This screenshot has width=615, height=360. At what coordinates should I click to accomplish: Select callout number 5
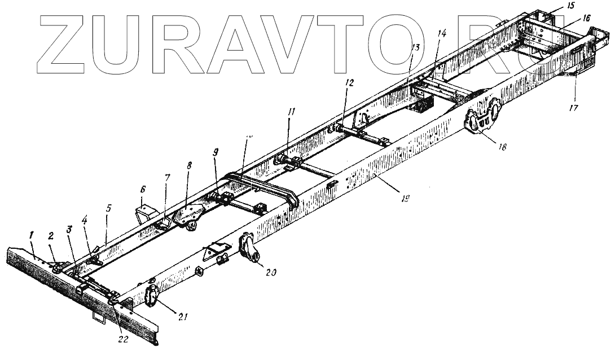tap(109, 208)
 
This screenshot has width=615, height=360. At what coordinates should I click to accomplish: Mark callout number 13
tap(415, 47)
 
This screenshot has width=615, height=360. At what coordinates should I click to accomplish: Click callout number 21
tap(182, 317)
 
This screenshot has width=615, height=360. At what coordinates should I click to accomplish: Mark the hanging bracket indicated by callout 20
tap(250, 250)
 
